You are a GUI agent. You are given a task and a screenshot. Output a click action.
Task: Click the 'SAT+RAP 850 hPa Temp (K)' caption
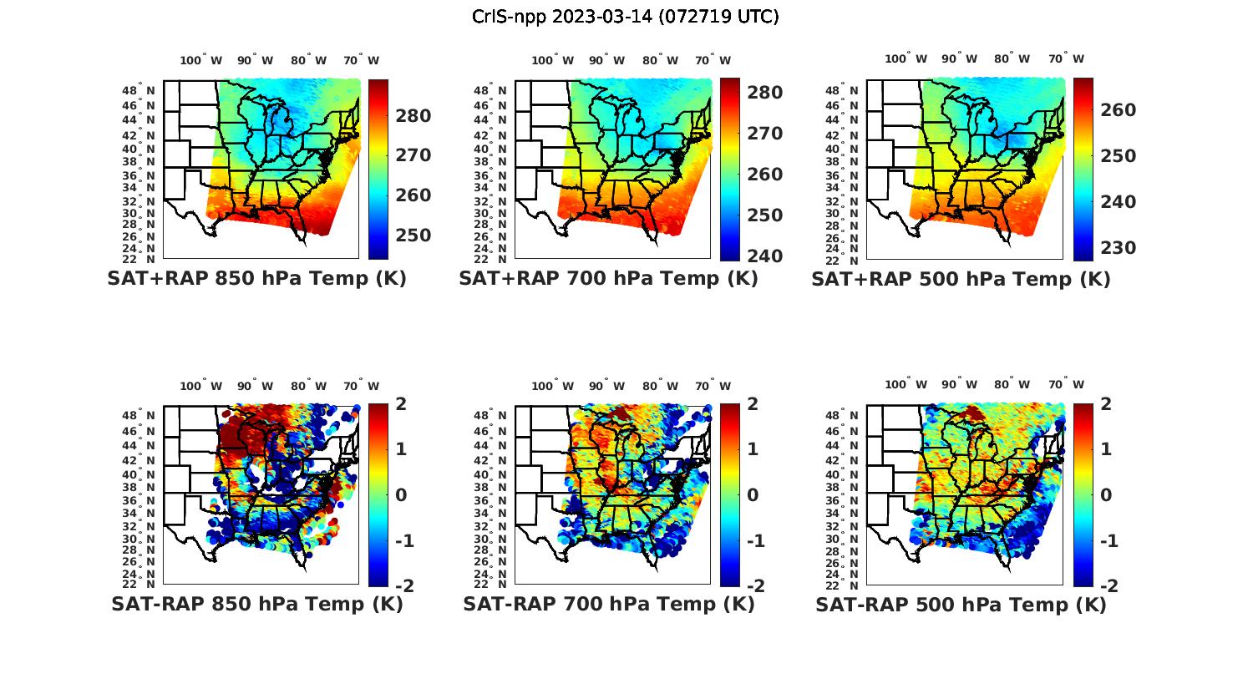tap(256, 278)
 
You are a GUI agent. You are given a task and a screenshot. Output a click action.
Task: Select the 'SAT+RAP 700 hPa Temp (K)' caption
tap(608, 278)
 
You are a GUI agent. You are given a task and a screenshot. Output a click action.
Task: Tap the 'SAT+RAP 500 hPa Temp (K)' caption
tap(961, 279)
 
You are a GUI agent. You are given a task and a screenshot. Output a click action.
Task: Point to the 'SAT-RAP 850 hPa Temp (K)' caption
tap(256, 604)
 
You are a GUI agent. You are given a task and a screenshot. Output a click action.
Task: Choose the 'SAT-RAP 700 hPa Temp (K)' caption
tap(608, 604)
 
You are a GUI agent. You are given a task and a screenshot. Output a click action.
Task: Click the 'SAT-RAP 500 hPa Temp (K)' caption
tap(961, 605)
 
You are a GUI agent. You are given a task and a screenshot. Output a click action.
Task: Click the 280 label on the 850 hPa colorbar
tap(413, 116)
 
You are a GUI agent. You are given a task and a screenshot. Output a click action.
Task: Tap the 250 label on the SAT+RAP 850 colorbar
tap(413, 236)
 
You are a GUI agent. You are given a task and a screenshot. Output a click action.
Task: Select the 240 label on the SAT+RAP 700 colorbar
tap(764, 256)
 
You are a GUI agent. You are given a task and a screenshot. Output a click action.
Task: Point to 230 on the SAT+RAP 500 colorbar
tap(1117, 248)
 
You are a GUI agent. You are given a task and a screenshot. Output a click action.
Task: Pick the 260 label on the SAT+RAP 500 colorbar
tap(1117, 110)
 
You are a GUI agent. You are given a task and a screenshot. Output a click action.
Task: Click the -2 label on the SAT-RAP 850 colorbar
tap(403, 585)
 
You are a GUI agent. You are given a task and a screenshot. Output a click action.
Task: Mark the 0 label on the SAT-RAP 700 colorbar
tap(752, 494)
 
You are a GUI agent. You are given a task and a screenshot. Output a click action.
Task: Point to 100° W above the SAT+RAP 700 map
tap(552, 60)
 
